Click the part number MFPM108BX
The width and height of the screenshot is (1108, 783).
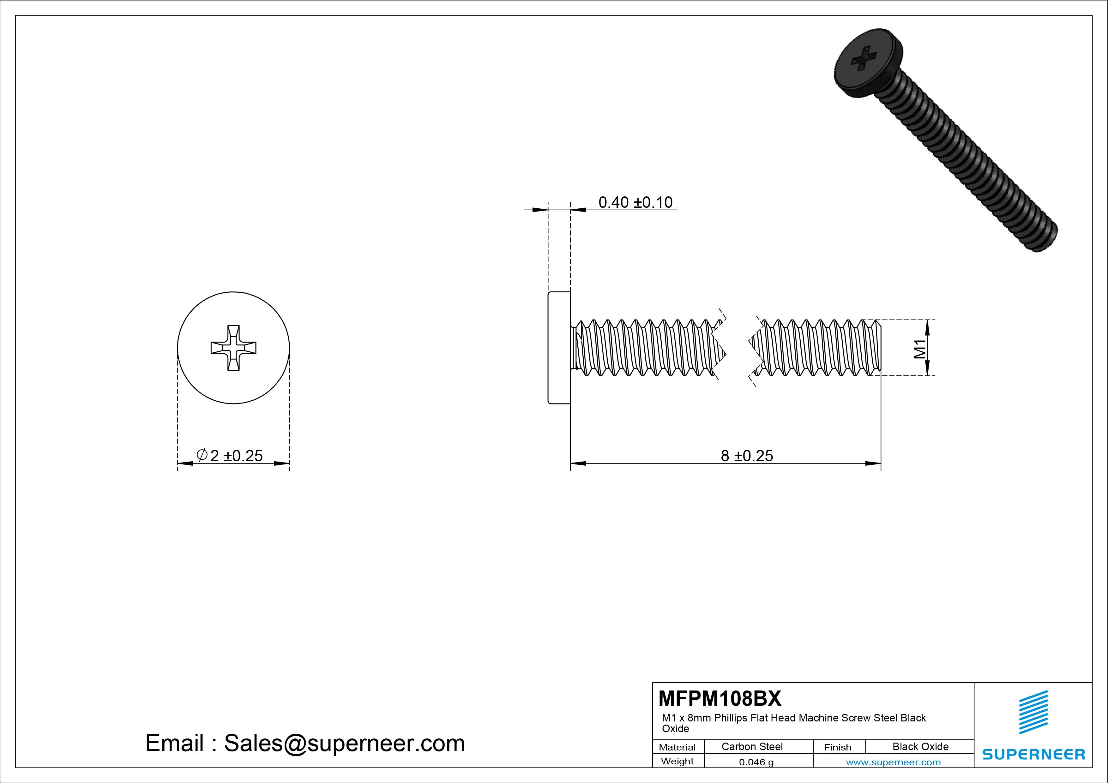click(x=720, y=698)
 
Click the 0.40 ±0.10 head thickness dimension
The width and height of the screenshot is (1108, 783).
click(x=635, y=202)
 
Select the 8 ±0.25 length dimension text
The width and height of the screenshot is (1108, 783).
click(x=747, y=455)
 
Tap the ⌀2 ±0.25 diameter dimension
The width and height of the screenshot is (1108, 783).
click(x=230, y=455)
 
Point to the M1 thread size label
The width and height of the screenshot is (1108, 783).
click(x=920, y=348)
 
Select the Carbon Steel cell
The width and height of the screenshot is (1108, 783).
click(x=752, y=746)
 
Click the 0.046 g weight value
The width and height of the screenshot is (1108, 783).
click(x=756, y=762)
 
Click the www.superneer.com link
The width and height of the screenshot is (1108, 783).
click(x=893, y=762)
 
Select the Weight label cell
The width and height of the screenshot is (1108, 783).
click(x=677, y=761)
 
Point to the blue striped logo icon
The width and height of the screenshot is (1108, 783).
click(x=1033, y=712)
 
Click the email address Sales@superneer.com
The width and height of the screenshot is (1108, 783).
click(x=344, y=743)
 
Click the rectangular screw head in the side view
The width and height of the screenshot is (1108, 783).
click(x=559, y=347)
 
